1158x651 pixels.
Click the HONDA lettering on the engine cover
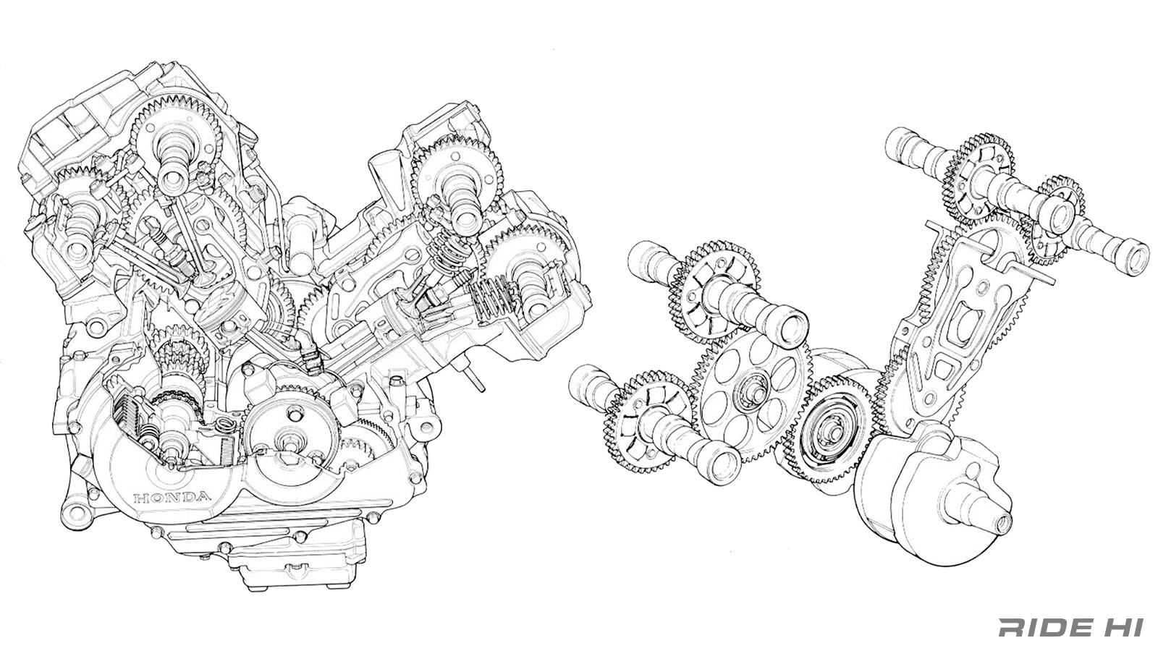[x=172, y=498]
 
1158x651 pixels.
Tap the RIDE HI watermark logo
[x=1074, y=627]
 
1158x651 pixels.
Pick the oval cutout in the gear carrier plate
[x=963, y=325]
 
